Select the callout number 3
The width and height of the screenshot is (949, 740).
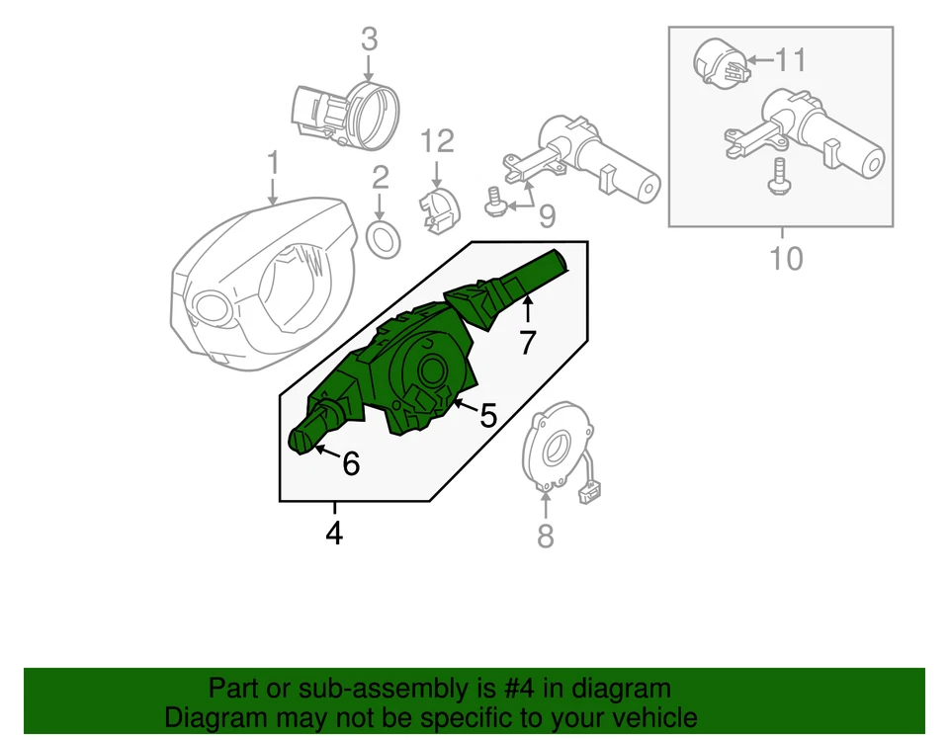(x=369, y=41)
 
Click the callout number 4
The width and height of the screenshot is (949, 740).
(x=334, y=534)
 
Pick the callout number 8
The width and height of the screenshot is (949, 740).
(x=545, y=535)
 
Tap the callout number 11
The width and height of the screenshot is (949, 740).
(x=791, y=61)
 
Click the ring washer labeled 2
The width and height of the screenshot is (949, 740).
(x=383, y=237)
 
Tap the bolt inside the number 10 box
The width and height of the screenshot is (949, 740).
(x=778, y=177)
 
